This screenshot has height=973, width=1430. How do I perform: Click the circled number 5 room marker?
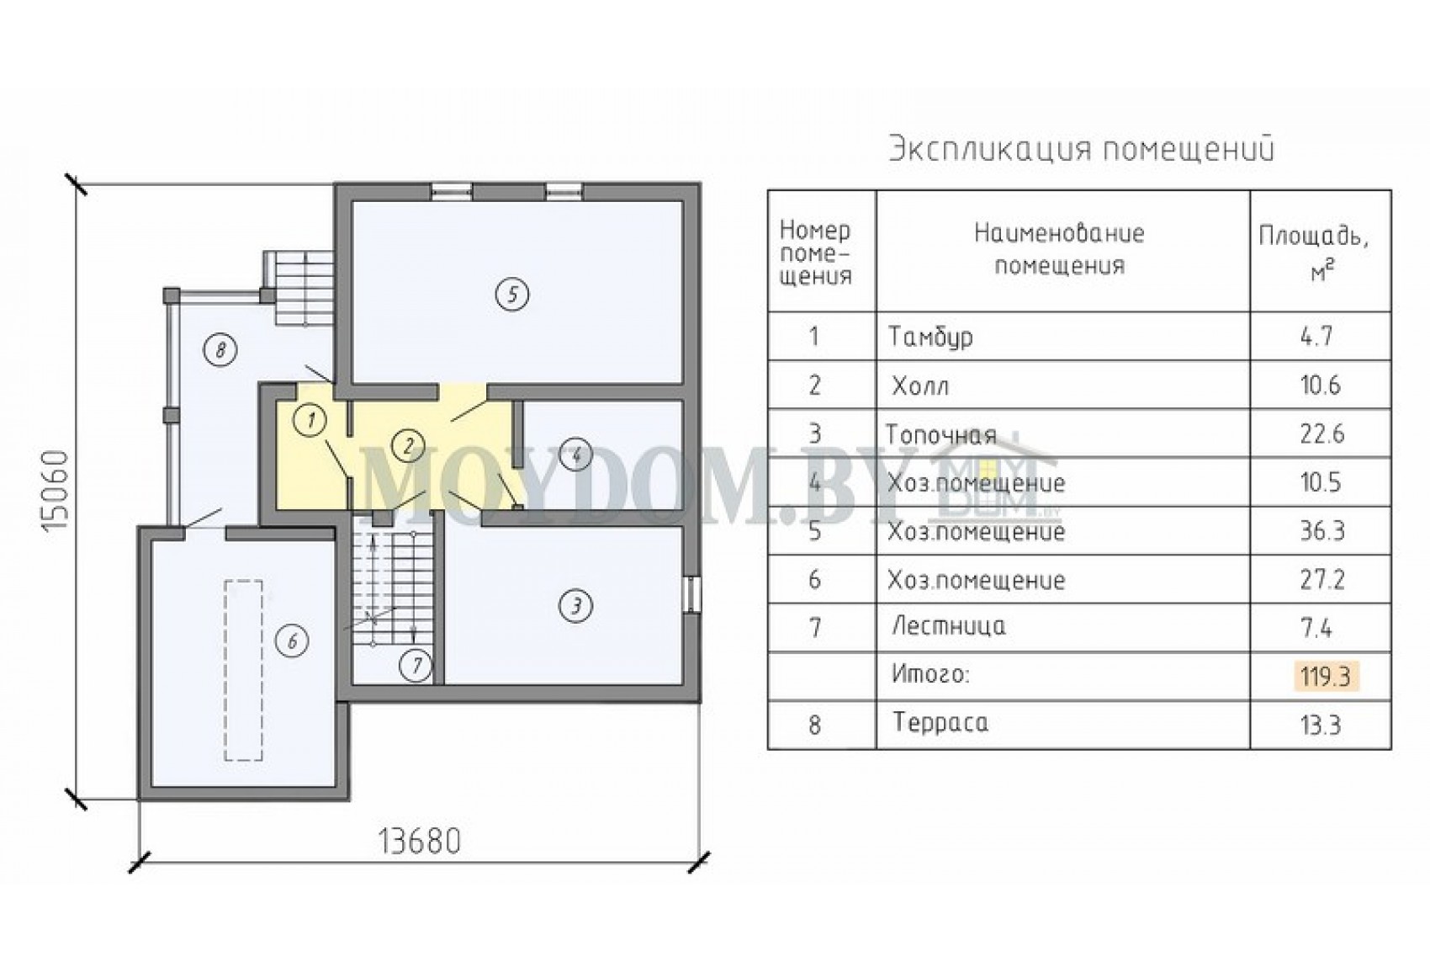tap(511, 295)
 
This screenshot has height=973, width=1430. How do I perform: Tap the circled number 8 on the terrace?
tap(220, 350)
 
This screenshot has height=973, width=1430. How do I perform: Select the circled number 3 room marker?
tap(576, 606)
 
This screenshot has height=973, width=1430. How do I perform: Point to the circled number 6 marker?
tap(293, 641)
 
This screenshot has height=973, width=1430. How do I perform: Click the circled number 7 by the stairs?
tap(416, 667)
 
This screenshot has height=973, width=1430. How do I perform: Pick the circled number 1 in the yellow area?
tap(311, 420)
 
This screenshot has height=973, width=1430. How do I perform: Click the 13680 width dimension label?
tap(420, 842)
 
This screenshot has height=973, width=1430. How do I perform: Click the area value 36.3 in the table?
tap(1322, 531)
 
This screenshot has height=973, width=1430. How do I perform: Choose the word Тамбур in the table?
tap(931, 337)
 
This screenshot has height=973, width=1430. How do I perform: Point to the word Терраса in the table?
tap(940, 722)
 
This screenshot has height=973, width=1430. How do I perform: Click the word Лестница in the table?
tap(949, 626)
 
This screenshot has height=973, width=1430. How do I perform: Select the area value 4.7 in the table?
tap(1316, 337)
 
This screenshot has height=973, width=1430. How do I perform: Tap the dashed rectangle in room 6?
tap(243, 670)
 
